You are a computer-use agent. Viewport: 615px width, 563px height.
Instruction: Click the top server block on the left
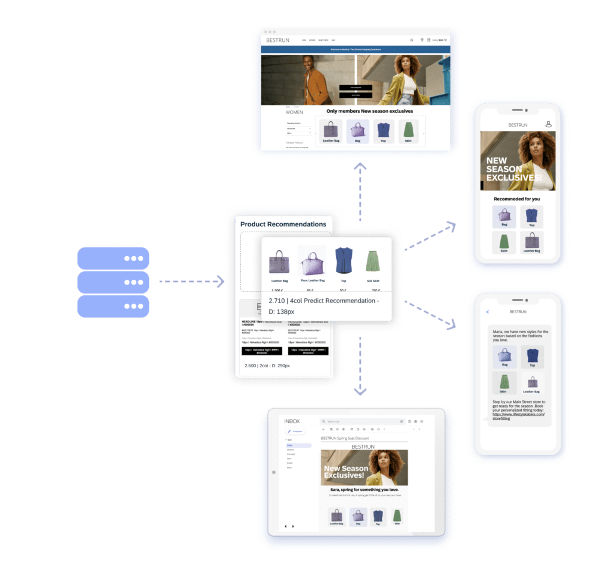pyautogui.click(x=113, y=258)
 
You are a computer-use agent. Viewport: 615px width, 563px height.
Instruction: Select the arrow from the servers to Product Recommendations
pyautogui.click(x=191, y=281)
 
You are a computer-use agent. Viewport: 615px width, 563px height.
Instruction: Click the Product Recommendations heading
pyautogui.click(x=283, y=224)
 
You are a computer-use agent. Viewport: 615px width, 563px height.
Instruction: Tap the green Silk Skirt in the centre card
pyautogui.click(x=373, y=262)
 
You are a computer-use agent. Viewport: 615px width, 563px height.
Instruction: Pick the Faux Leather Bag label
pyautogui.click(x=312, y=280)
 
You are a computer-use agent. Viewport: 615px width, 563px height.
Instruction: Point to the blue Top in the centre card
pyautogui.click(x=344, y=260)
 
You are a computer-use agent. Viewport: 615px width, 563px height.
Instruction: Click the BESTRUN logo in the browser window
pyautogui.click(x=278, y=40)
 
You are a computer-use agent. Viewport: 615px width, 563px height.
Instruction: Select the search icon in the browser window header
pyautogui.click(x=411, y=40)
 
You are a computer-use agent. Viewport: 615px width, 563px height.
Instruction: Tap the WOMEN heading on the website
pyautogui.click(x=294, y=112)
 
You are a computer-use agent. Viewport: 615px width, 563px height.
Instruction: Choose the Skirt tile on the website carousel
pyautogui.click(x=408, y=131)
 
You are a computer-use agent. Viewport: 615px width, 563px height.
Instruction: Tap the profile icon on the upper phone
pyautogui.click(x=548, y=124)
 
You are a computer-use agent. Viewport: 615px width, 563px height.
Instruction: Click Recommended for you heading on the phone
pyautogui.click(x=517, y=199)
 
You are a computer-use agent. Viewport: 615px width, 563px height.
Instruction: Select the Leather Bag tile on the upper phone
pyautogui.click(x=532, y=241)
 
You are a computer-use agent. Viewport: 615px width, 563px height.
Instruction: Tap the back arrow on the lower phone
pyautogui.click(x=488, y=312)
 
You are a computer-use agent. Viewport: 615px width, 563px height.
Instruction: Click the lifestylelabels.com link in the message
pyautogui.click(x=518, y=414)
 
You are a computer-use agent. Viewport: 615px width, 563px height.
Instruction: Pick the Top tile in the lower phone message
pyautogui.click(x=532, y=357)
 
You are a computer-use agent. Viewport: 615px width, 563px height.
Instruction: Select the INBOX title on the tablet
pyautogui.click(x=292, y=421)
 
